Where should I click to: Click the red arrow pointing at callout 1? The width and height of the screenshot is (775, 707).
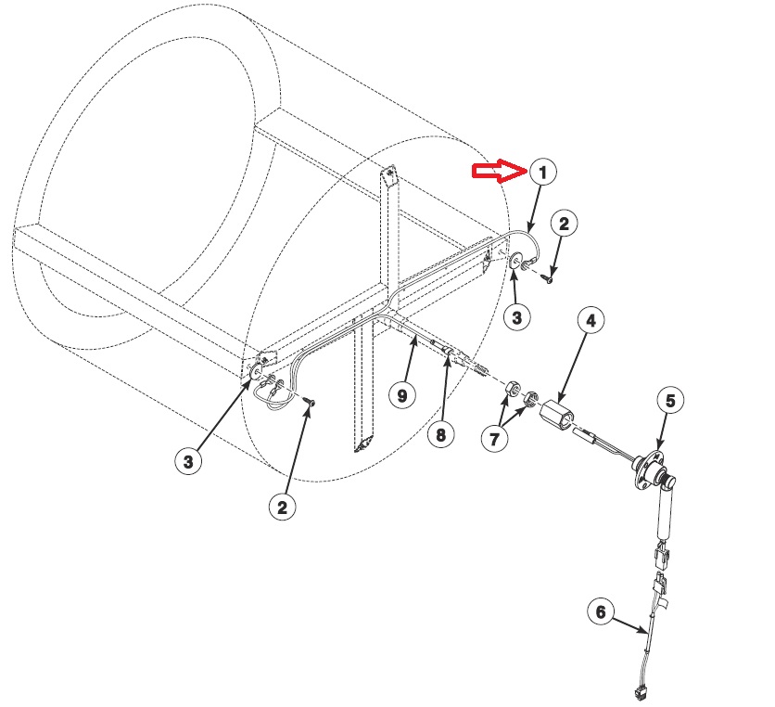499,170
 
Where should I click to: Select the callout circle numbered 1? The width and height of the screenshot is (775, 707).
543,172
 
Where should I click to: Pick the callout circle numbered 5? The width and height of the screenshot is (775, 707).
670,400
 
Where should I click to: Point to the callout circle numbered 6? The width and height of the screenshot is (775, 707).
600,612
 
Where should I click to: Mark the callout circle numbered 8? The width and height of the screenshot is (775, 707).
439,435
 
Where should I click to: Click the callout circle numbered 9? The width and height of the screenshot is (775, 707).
402,395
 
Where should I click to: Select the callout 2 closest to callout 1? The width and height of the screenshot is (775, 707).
565,223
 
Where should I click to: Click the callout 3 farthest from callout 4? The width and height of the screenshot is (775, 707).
188,461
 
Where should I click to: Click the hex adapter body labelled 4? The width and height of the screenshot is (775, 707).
559,411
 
